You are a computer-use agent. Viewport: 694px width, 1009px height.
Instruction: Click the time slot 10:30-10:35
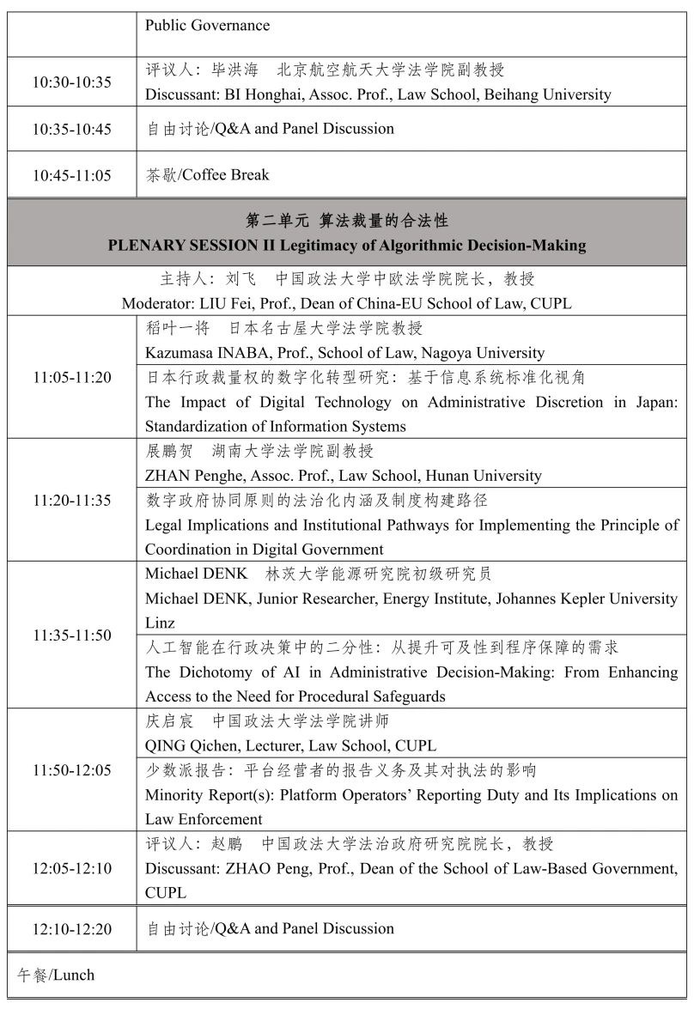72,82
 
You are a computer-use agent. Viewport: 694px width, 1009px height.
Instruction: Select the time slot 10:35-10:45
72,129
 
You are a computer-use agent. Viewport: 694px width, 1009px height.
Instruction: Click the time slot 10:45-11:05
72,175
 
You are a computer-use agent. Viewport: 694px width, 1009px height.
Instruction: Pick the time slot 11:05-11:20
72,377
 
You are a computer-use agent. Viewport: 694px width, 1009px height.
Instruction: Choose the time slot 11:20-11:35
72,500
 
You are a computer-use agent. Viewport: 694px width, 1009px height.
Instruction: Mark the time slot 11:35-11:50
72,635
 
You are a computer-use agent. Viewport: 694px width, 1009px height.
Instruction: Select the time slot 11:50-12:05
72,770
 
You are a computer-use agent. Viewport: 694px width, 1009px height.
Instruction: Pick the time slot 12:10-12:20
72,929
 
